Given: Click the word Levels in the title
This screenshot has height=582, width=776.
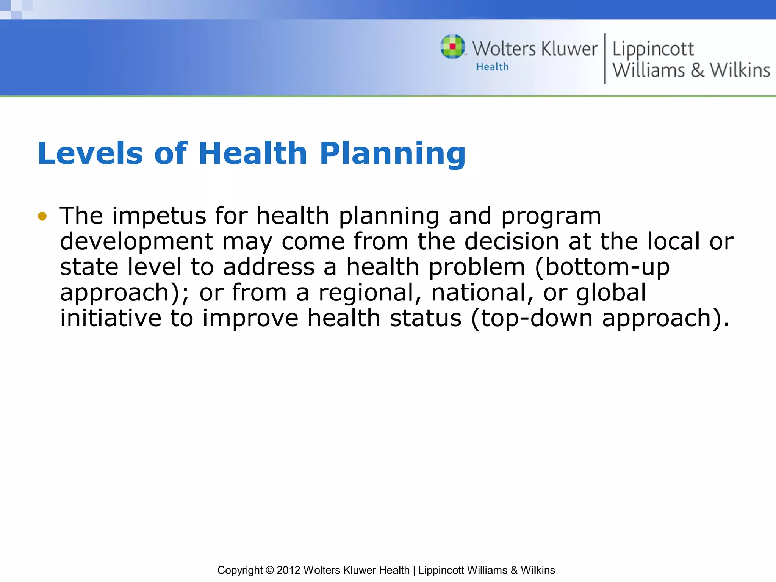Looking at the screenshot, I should (x=90, y=153).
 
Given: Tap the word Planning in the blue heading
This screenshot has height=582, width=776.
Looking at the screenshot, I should (x=393, y=153).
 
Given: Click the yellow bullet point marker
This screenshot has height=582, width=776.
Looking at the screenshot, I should (x=42, y=216).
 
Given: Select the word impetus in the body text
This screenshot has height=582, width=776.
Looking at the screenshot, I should (x=159, y=216).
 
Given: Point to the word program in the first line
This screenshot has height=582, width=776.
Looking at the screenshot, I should (x=551, y=216).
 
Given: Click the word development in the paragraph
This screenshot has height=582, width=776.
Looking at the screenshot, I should (x=136, y=242).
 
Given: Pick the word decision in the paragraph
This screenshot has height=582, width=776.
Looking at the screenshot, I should (x=512, y=242).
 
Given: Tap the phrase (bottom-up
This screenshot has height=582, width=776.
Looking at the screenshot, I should (x=602, y=267).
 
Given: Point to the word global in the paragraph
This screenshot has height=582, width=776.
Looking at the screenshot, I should (x=611, y=293).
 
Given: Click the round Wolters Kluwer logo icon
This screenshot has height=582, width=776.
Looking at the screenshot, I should (x=452, y=47).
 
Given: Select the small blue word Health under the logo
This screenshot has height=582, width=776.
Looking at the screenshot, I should (x=492, y=67).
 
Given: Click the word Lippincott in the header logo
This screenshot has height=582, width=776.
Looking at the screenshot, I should (x=653, y=49).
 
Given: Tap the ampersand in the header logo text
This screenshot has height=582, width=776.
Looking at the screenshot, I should (x=697, y=70).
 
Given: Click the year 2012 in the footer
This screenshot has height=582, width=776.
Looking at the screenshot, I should (x=288, y=570).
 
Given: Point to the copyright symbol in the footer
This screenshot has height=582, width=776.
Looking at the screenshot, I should (x=269, y=570).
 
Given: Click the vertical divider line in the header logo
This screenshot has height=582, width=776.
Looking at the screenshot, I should (x=605, y=58).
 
